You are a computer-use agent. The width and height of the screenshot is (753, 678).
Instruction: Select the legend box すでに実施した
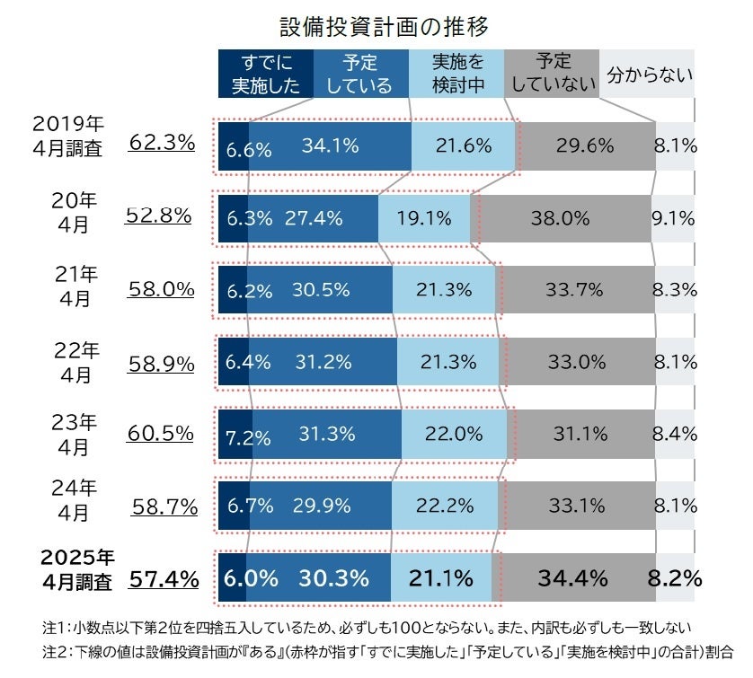[x=266, y=74]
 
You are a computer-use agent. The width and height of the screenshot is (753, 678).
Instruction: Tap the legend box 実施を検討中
[x=456, y=74]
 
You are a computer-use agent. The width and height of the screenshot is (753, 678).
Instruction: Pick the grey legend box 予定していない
[x=552, y=74]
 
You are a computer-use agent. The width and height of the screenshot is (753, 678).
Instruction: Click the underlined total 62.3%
[x=162, y=142]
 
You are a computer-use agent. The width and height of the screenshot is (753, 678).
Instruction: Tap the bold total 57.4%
[x=164, y=579]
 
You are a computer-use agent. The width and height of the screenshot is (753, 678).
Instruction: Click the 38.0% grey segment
[x=561, y=217]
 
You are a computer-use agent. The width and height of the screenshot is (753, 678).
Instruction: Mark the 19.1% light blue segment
[x=424, y=217]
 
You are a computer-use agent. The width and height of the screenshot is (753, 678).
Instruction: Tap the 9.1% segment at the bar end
[x=673, y=217]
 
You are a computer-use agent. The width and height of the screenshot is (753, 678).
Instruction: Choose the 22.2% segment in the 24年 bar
[x=446, y=506]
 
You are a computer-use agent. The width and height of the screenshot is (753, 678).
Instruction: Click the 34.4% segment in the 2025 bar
[x=571, y=577]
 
